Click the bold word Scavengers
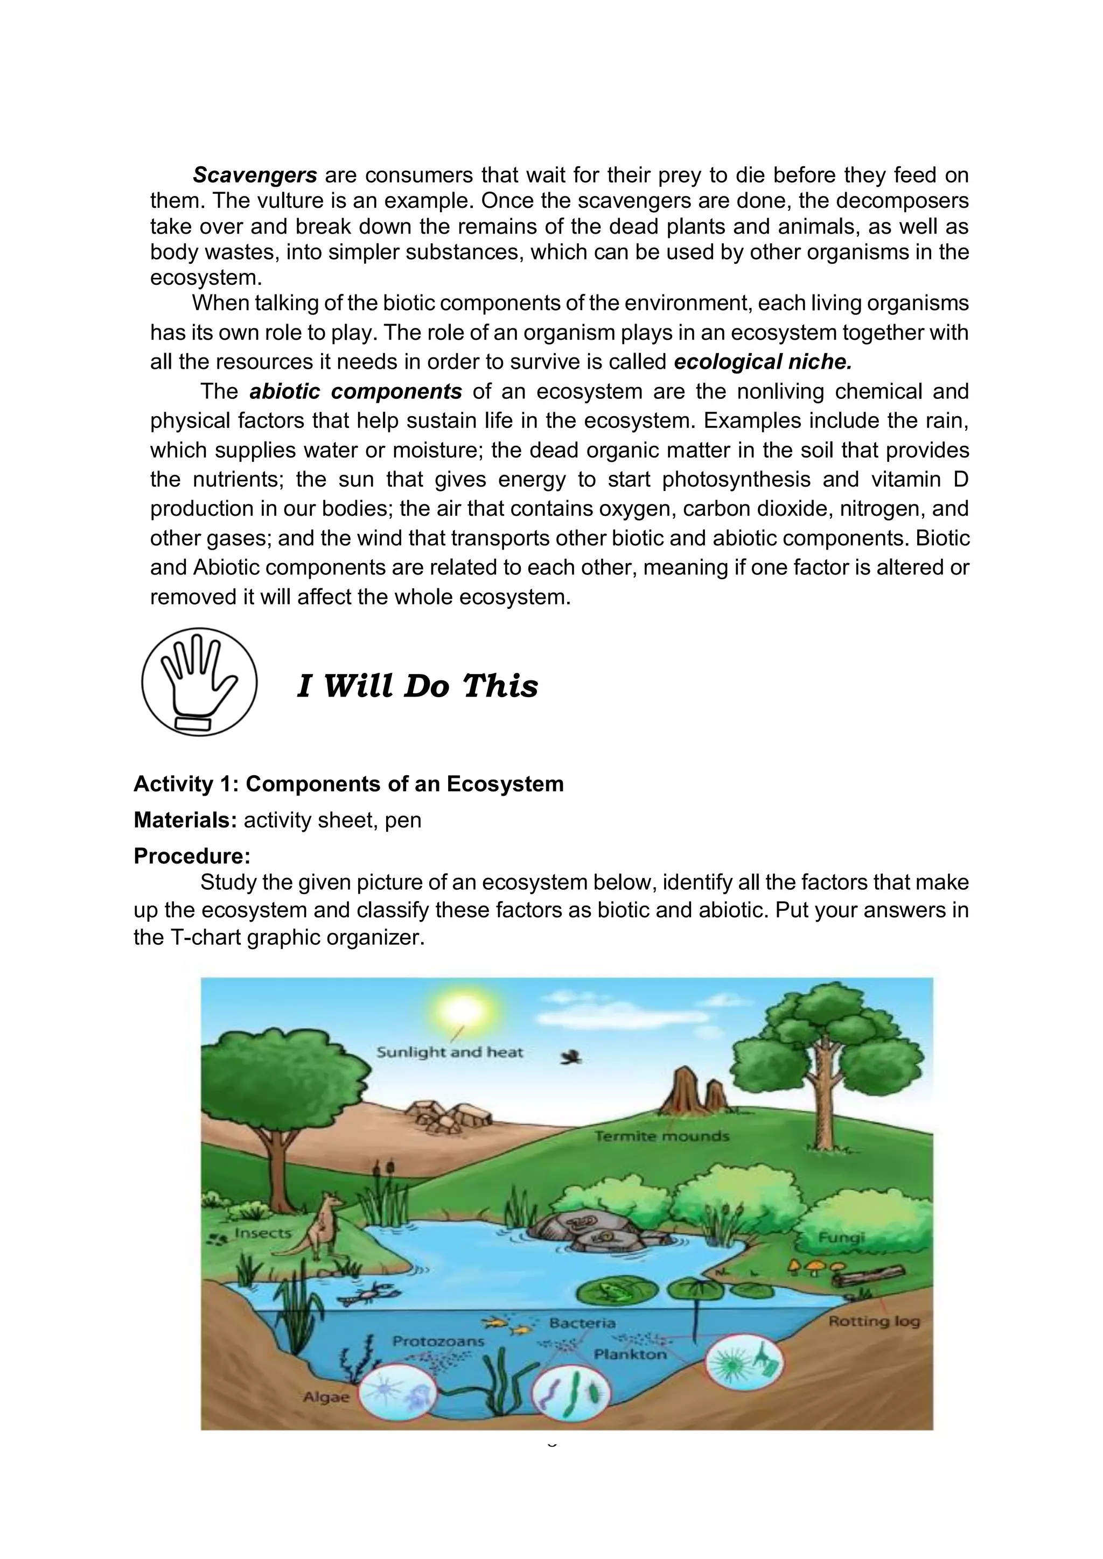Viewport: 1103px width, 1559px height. click(x=255, y=175)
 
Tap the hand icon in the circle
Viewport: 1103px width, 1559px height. click(x=199, y=681)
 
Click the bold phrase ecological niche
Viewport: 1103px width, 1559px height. click(x=762, y=362)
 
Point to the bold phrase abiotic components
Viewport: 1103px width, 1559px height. click(x=356, y=392)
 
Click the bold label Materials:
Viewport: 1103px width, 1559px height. click(x=185, y=820)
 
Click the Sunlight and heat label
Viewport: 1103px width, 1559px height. click(x=450, y=1052)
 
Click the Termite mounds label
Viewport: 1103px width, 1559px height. click(x=661, y=1136)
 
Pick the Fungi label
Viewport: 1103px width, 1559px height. click(x=841, y=1238)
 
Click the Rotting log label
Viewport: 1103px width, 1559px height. click(x=874, y=1322)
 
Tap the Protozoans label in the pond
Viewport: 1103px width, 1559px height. click(x=438, y=1341)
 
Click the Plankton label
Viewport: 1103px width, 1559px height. click(x=630, y=1354)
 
